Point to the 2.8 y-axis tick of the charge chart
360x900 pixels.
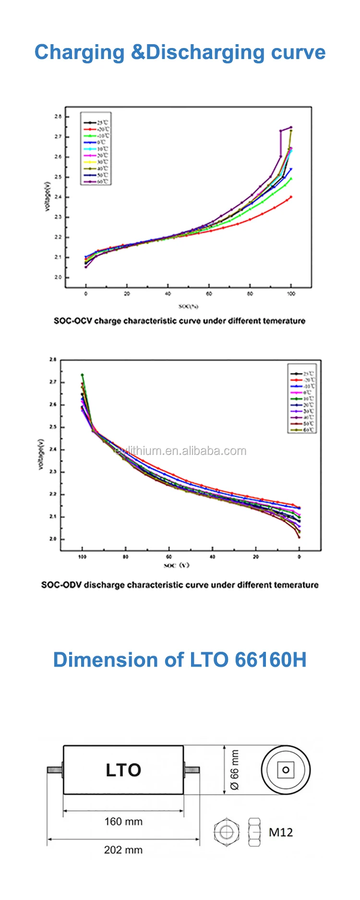click(58, 117)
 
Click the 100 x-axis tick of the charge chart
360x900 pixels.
click(291, 294)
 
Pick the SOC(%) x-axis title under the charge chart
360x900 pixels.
click(188, 306)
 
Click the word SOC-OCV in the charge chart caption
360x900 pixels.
click(73, 321)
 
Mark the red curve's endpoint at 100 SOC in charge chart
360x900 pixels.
click(291, 197)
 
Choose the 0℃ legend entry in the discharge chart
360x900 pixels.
click(307, 392)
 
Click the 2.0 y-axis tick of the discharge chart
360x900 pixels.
click(52, 539)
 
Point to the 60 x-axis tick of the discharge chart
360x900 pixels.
click(169, 557)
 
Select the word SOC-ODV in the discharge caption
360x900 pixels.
click(61, 585)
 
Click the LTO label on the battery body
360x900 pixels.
click(123, 770)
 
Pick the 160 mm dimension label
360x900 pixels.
click(123, 821)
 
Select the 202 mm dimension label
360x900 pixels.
click(123, 850)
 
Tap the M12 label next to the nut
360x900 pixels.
click(280, 832)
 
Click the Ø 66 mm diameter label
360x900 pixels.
click(234, 769)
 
